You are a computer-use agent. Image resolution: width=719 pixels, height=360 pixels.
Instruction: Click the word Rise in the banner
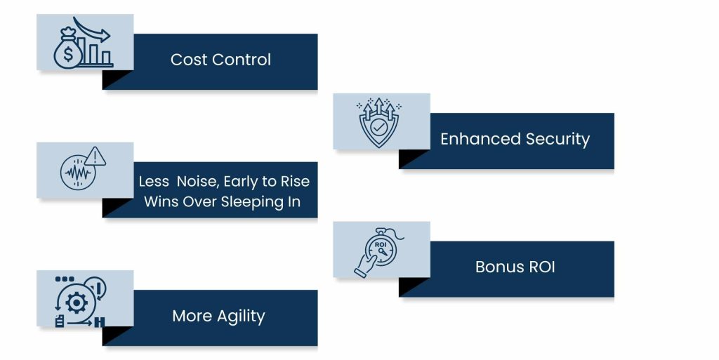tap(295, 181)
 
